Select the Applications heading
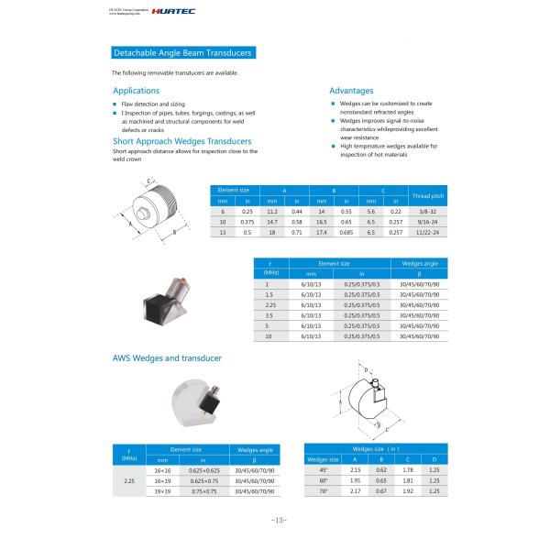click(136, 91)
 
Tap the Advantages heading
click(351, 91)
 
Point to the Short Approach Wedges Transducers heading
click(181, 141)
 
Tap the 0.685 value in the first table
click(346, 233)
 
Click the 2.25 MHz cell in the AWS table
click(129, 480)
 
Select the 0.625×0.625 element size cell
click(203, 470)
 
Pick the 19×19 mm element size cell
click(163, 491)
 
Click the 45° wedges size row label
click(323, 469)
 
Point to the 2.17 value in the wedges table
click(355, 491)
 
